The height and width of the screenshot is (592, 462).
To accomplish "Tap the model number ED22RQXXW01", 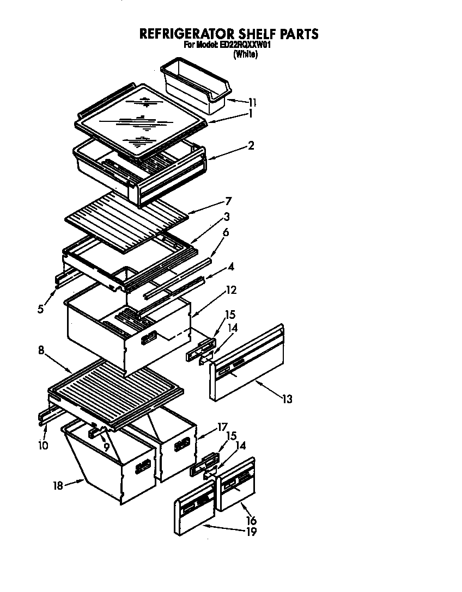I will tap(245, 46).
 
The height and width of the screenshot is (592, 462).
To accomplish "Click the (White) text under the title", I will tap(245, 55).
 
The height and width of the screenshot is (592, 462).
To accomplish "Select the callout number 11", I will tap(252, 102).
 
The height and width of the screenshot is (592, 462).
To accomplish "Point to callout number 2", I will tap(251, 145).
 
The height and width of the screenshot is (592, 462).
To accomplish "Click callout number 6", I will tap(226, 232).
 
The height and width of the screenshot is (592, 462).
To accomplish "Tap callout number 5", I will tap(40, 309).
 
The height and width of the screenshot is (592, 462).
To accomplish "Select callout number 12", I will tap(231, 290).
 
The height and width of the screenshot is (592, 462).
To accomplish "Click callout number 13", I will tap(287, 400).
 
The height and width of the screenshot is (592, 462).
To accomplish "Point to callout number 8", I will tap(41, 351).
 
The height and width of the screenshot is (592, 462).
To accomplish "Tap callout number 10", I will tap(43, 446).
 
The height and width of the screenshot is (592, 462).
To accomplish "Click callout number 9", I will tap(106, 447).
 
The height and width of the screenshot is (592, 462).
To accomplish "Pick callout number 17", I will tap(222, 427).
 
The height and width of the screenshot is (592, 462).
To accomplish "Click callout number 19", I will tap(251, 532).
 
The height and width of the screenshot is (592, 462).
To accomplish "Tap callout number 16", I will tap(251, 521).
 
